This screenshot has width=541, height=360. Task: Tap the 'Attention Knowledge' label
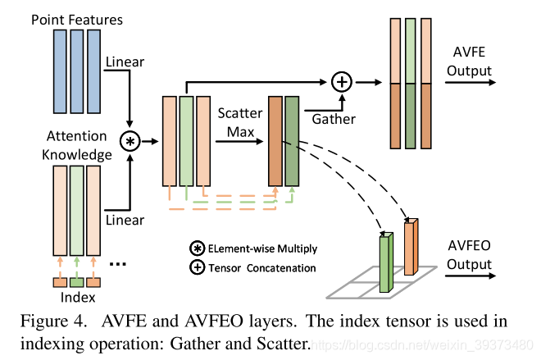(77, 145)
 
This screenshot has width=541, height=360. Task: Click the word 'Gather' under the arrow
(334, 119)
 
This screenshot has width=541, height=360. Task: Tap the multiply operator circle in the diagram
(130, 142)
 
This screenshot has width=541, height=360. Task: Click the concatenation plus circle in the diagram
(341, 81)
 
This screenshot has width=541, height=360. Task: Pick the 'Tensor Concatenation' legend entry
(254, 267)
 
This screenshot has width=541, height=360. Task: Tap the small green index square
(76, 282)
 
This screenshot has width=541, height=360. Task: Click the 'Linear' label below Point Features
(125, 62)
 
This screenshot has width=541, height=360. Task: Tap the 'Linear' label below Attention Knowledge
(125, 220)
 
